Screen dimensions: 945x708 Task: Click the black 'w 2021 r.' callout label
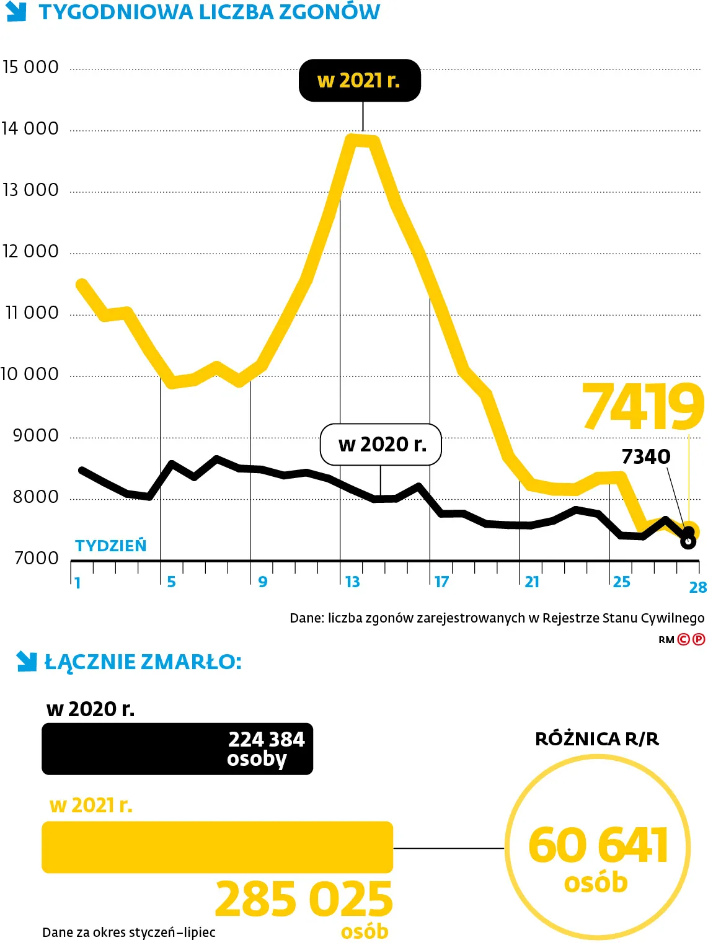[x=360, y=81]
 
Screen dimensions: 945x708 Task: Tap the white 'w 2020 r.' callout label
[x=381, y=444]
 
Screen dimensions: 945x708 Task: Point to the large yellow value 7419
[x=643, y=407]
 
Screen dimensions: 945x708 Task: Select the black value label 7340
[x=645, y=457]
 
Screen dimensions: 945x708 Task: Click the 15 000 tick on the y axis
[x=30, y=67]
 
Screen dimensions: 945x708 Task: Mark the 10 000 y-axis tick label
[x=30, y=374]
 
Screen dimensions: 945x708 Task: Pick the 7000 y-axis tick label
[x=37, y=558]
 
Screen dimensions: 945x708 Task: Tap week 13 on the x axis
[x=352, y=582]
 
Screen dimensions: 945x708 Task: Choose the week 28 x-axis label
[x=697, y=587]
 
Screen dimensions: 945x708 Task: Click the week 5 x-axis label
[x=171, y=582]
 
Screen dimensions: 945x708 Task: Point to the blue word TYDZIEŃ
[x=111, y=546]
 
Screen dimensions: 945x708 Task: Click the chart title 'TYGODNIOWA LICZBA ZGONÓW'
[x=210, y=12]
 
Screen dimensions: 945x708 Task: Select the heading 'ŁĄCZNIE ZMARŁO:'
[x=143, y=662]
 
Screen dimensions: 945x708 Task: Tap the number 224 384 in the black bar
[x=267, y=739]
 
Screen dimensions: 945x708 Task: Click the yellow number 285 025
[x=304, y=899]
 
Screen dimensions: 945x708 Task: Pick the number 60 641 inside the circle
[x=598, y=845]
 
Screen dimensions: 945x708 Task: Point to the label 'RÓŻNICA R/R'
[x=597, y=739]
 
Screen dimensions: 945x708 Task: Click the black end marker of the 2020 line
[x=688, y=541]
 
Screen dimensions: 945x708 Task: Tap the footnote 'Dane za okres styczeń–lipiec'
[x=129, y=932]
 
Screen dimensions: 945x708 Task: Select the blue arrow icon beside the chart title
[x=17, y=11]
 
